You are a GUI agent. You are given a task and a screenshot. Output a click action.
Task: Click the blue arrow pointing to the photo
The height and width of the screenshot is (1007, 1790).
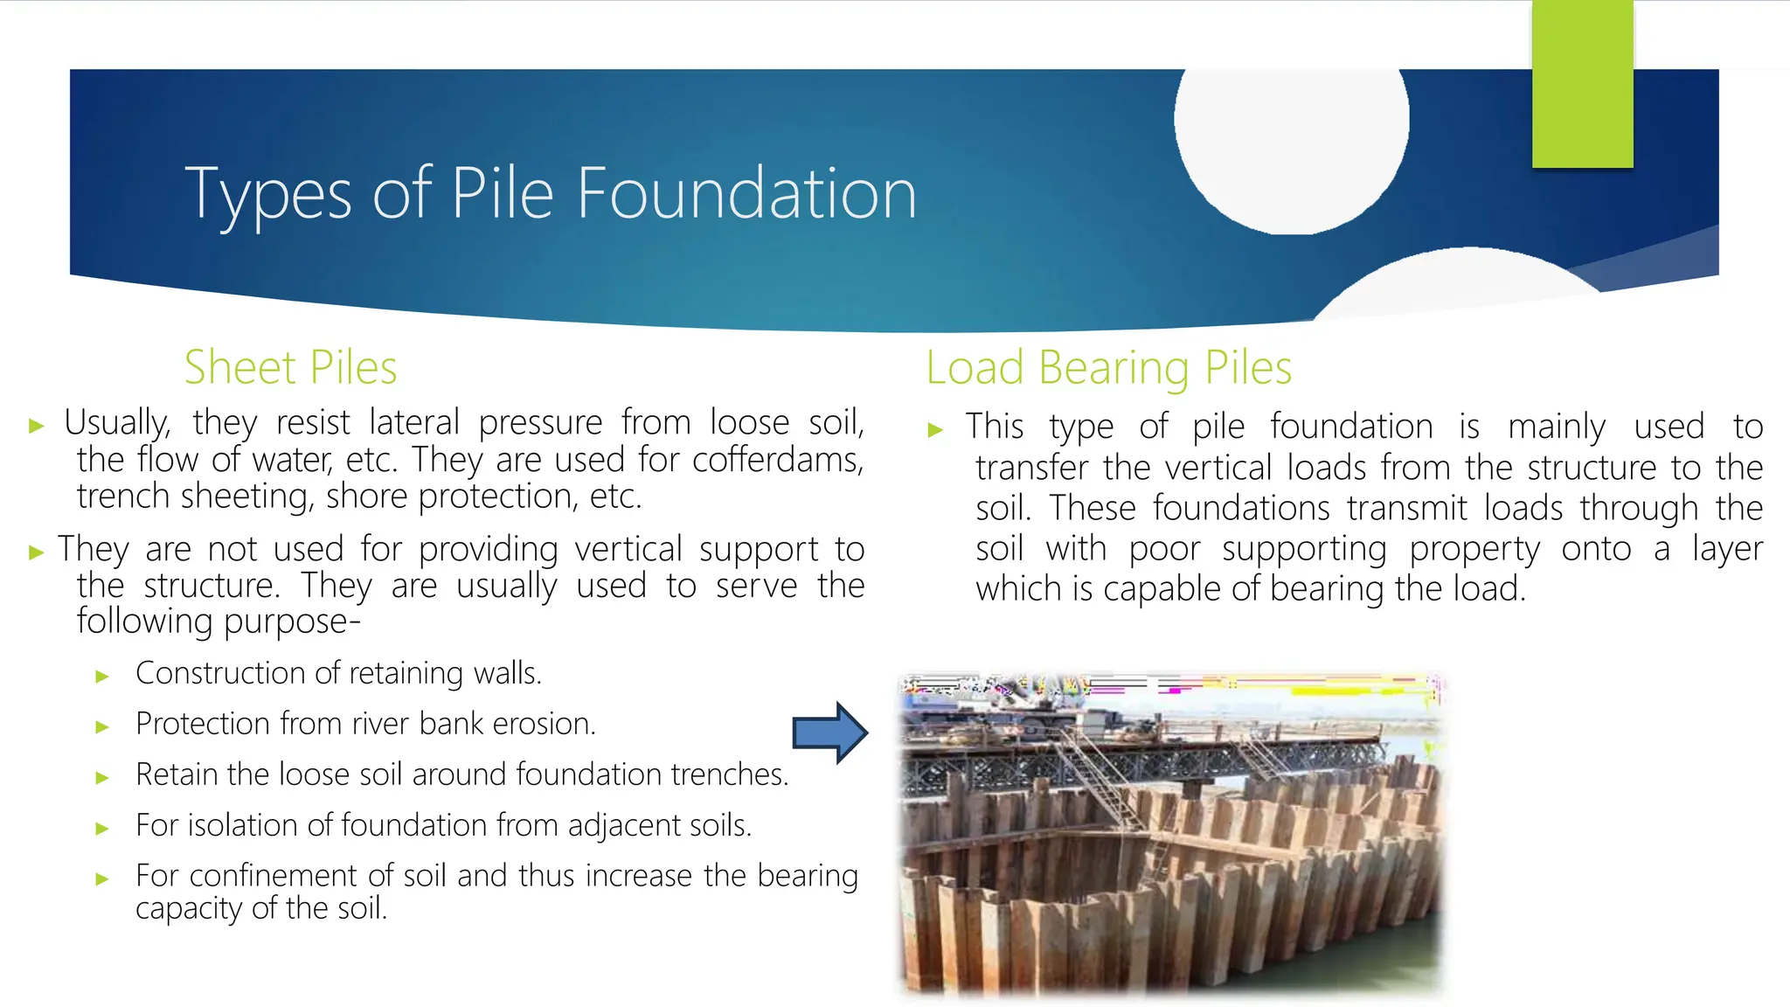coord(829,733)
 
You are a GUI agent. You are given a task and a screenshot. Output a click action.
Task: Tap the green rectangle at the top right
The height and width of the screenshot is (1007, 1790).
coord(1582,84)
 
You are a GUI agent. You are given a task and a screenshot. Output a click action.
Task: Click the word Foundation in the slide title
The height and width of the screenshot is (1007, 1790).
coord(746,193)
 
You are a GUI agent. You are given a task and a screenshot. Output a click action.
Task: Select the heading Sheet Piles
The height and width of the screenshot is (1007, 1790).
coord(290,367)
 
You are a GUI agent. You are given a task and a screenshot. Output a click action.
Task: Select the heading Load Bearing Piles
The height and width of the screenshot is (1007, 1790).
coord(1108,367)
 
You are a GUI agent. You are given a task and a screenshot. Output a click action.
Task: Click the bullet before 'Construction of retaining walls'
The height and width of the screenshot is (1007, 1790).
coord(102,676)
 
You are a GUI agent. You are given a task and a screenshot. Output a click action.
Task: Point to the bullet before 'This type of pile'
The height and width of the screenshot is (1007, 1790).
coord(935,429)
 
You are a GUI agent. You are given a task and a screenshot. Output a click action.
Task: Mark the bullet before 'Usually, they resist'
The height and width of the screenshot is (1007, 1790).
coord(37,426)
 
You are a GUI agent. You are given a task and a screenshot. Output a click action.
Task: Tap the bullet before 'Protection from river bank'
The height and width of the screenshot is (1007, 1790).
coord(102,726)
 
